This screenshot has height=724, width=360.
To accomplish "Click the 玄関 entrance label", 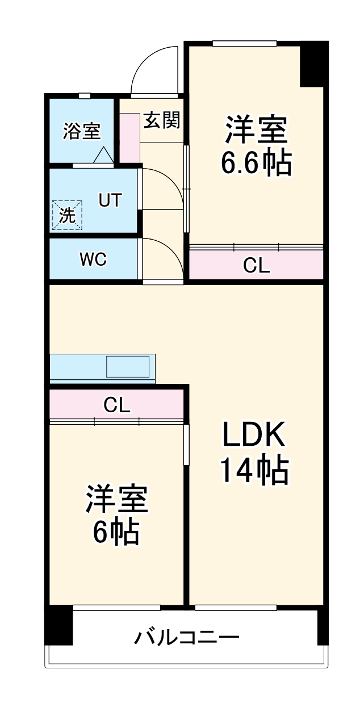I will point(161,120).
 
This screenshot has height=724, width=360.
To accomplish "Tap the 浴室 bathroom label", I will point(82,131).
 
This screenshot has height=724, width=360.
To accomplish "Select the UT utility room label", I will point(110,200).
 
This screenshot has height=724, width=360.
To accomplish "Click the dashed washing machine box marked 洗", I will point(68,215).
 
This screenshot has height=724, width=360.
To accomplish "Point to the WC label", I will point(93,260).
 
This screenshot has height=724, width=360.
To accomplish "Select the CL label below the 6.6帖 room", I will point(256,265).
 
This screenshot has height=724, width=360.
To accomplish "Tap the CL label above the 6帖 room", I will point(117,405).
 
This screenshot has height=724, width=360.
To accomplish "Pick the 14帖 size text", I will point(254,470).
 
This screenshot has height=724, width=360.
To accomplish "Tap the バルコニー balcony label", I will point(186,638).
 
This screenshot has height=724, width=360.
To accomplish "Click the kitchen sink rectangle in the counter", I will point(129,366).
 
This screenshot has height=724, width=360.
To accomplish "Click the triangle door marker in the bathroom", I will point(103,155).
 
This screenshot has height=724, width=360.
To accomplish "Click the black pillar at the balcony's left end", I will point(59,625).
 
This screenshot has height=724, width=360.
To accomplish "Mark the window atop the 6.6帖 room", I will point(244,43).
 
